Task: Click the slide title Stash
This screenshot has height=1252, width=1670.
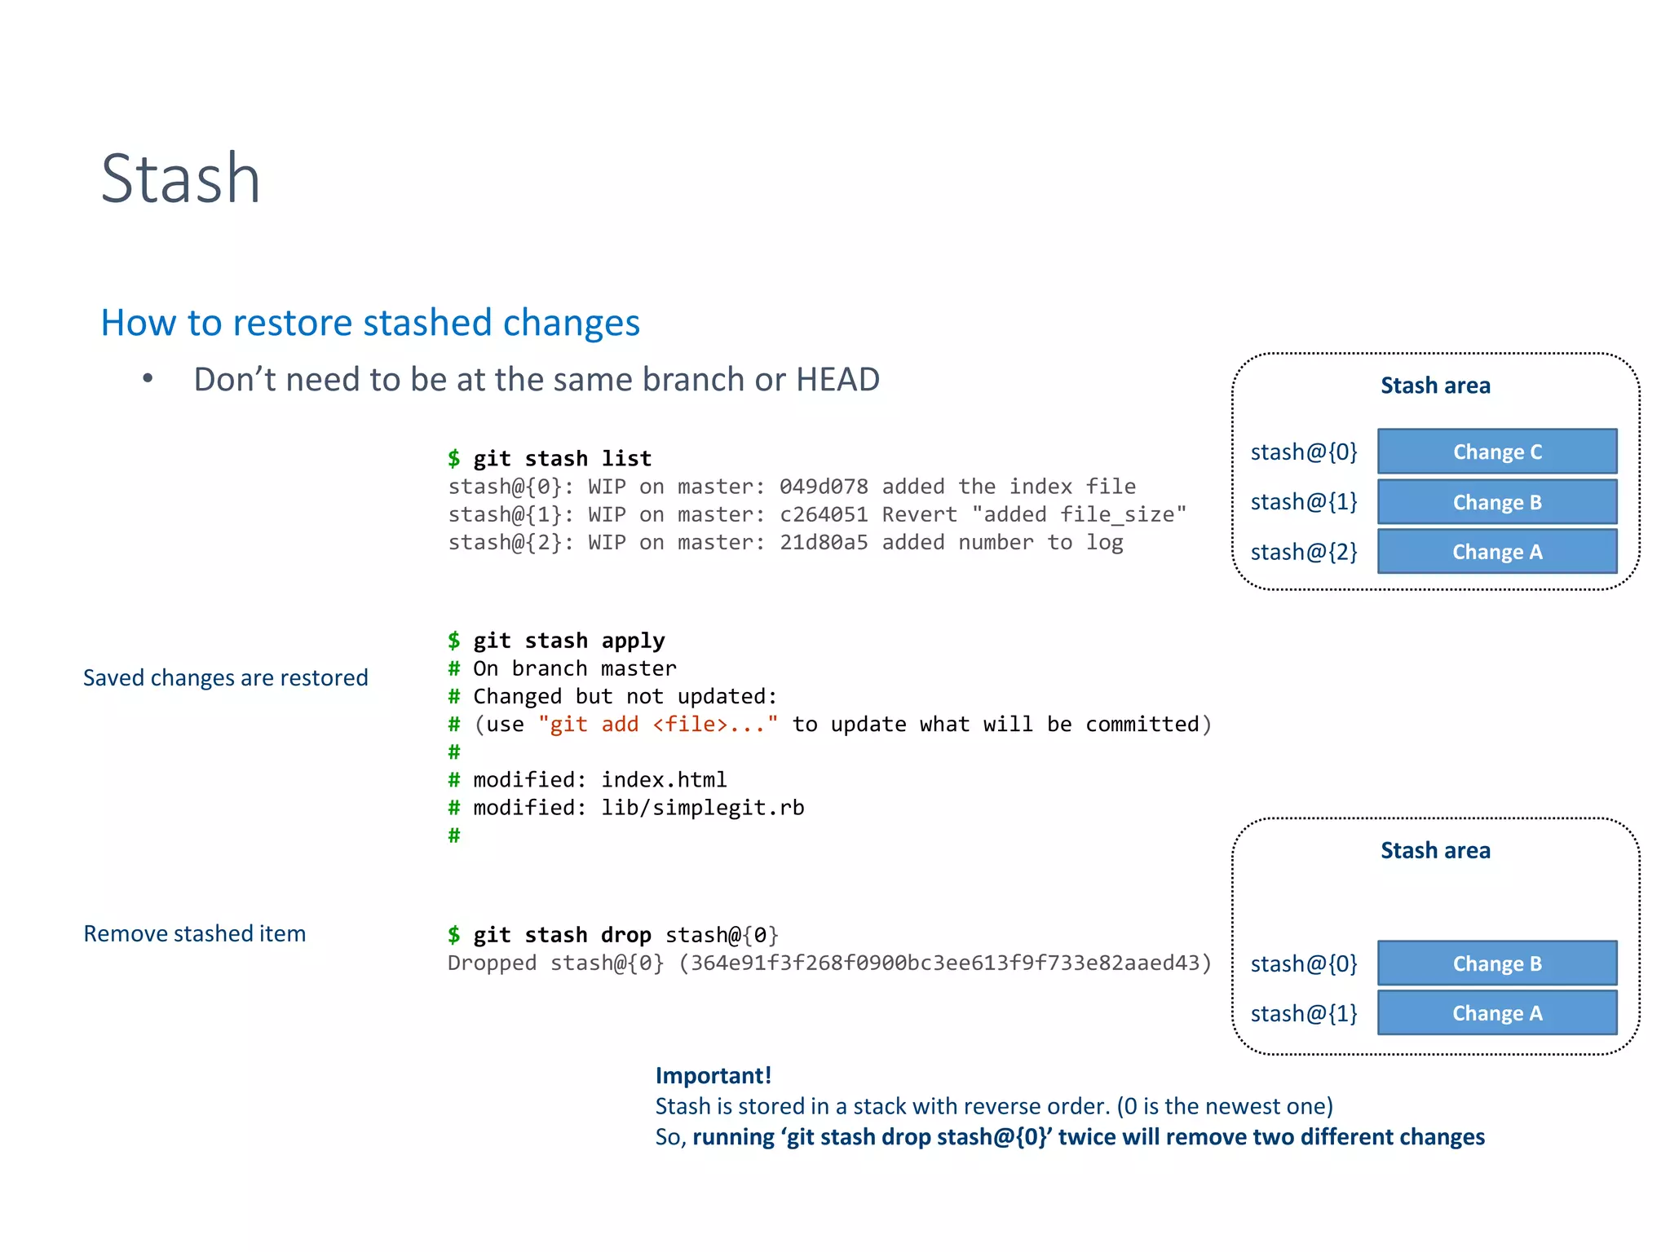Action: (x=180, y=179)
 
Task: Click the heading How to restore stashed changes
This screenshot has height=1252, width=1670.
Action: (x=370, y=323)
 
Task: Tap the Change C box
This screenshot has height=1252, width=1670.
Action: (x=1496, y=452)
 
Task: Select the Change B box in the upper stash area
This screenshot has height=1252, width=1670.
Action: (x=1496, y=502)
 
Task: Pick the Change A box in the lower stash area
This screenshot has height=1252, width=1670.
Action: (x=1496, y=1013)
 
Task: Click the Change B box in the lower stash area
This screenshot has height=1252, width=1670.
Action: (x=1496, y=963)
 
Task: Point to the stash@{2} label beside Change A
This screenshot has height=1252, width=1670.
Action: (x=1303, y=553)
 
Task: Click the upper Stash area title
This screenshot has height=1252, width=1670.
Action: (x=1434, y=386)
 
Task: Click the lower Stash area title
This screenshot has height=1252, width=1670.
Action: (x=1434, y=850)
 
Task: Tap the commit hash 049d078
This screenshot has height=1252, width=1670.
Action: (x=823, y=487)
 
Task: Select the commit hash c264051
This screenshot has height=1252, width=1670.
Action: (x=823, y=514)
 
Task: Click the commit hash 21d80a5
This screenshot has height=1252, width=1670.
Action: (x=823, y=542)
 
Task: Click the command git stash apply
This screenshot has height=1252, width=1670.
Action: (x=568, y=641)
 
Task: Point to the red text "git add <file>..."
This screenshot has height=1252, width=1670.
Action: (x=657, y=724)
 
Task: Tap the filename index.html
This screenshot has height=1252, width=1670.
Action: (x=663, y=780)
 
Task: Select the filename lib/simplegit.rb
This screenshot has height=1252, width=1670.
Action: (x=702, y=808)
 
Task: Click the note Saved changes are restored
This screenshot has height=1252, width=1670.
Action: (x=226, y=677)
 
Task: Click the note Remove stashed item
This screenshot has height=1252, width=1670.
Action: (x=194, y=933)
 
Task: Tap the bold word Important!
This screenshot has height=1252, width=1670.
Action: (x=713, y=1075)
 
